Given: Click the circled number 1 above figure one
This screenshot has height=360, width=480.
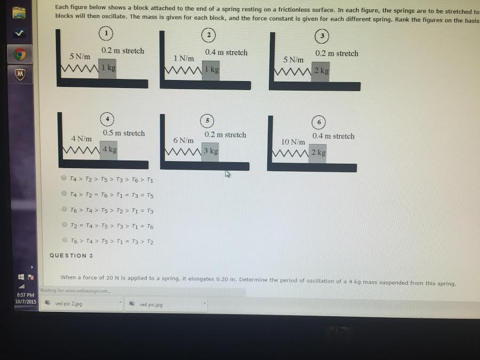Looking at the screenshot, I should (x=106, y=34).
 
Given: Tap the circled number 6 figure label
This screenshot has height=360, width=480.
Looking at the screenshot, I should (x=319, y=122).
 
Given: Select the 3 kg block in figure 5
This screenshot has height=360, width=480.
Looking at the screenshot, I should (x=210, y=151).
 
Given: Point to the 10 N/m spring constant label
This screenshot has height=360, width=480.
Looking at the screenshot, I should (x=293, y=142).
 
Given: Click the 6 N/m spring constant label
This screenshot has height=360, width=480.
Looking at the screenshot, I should (x=183, y=140).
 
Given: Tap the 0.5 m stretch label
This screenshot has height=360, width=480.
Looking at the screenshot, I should (x=124, y=133).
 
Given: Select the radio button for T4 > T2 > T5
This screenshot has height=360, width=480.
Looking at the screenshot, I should (x=64, y=178).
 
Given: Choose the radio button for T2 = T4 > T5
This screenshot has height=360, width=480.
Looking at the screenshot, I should (x=64, y=225).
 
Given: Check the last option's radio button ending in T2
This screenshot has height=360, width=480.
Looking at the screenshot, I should (x=64, y=241).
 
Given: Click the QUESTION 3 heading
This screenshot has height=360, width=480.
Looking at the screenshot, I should (x=71, y=255).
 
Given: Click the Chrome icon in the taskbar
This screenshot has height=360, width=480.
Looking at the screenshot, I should (x=20, y=54).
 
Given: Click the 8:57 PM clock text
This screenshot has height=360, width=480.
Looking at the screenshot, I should (x=25, y=294).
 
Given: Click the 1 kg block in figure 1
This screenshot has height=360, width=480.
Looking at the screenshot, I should (x=107, y=69).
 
